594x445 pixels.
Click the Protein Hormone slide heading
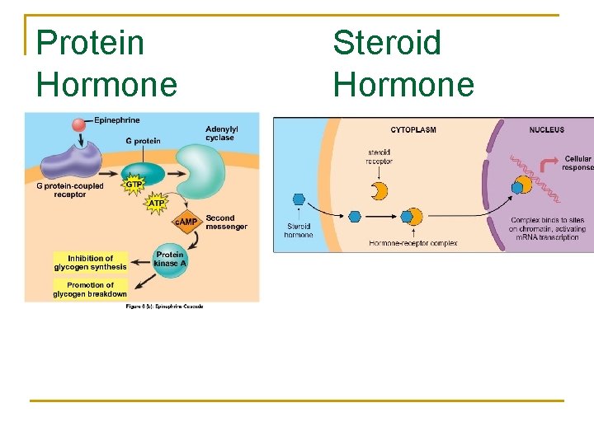(106, 63)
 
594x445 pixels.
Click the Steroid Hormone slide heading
(403, 63)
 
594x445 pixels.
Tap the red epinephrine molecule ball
(79, 124)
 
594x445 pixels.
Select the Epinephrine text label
(116, 120)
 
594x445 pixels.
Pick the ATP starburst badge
(156, 203)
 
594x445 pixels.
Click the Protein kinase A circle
(169, 260)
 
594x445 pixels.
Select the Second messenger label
(226, 222)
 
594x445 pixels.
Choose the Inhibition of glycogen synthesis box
(91, 263)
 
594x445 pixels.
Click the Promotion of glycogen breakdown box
(91, 289)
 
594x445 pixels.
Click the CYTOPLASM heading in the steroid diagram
(413, 129)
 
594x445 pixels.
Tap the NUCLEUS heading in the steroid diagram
(547, 129)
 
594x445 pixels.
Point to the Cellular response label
(578, 162)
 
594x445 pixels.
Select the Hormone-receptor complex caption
(413, 243)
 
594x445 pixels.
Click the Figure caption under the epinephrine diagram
(164, 307)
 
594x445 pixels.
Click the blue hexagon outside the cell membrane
(299, 199)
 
